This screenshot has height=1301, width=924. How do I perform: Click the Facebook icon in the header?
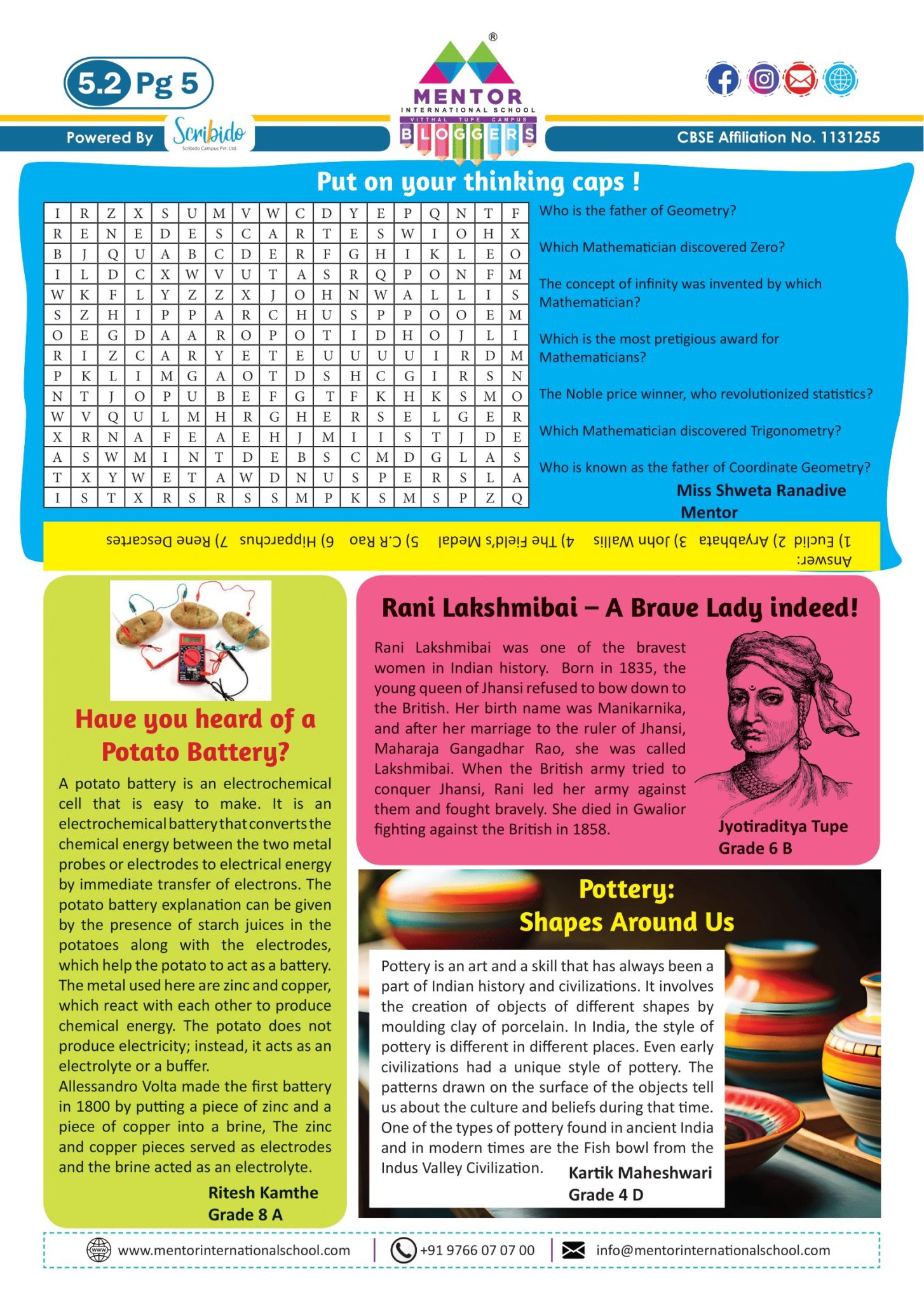723,80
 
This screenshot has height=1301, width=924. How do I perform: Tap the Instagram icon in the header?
763,79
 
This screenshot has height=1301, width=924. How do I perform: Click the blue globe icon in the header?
840,80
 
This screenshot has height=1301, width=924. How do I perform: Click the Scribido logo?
209,133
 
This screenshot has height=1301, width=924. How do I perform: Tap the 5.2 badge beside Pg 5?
99,83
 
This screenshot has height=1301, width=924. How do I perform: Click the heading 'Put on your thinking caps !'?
478,182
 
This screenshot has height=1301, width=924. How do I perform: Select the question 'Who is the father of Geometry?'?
637,211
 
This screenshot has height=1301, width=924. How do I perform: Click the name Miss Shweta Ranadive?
761,490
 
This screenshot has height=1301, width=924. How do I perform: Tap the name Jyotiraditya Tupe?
783,826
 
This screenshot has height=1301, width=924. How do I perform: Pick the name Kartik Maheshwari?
640,1173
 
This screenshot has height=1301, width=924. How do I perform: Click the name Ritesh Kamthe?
263,1192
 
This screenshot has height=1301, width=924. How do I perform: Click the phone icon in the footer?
402,1250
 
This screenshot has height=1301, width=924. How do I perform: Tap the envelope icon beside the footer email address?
573,1250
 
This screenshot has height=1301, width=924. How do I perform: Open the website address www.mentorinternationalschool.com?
234,1250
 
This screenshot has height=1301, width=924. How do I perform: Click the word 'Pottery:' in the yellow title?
626,889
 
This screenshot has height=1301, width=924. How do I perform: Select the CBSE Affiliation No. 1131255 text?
778,137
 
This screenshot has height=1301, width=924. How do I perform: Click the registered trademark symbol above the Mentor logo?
493,37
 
